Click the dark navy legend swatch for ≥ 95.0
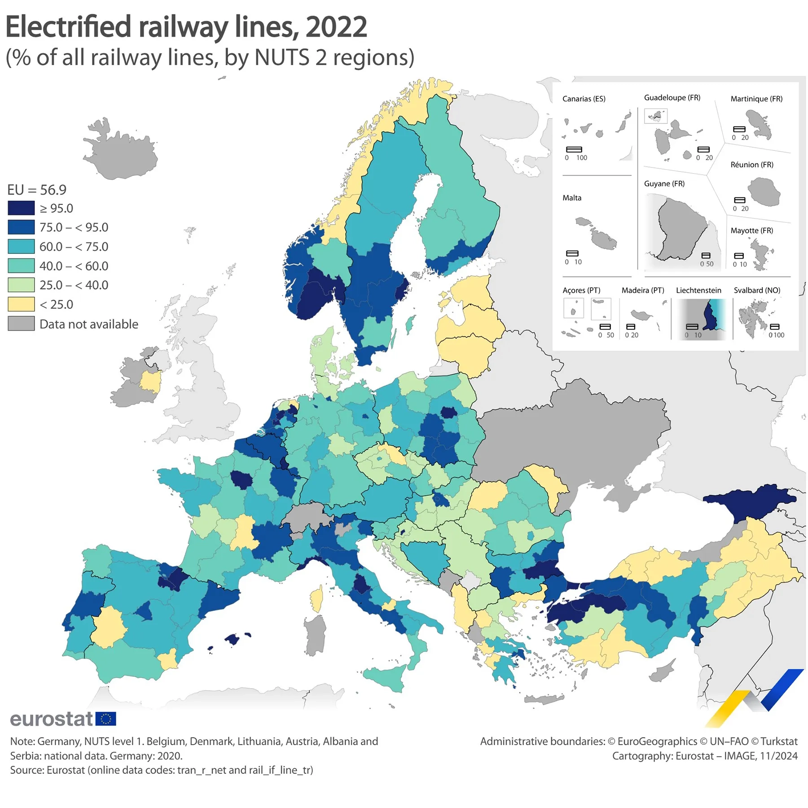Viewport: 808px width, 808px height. click(21, 208)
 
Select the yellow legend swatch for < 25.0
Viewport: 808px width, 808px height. click(21, 304)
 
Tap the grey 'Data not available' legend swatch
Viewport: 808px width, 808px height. click(21, 324)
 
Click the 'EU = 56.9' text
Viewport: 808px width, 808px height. click(37, 190)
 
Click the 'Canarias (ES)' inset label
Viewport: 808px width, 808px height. click(584, 99)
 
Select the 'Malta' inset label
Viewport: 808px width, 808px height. click(571, 198)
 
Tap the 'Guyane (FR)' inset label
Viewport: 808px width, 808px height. click(664, 184)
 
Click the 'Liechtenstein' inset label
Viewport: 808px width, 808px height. click(698, 290)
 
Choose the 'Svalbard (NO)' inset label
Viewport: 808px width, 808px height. click(756, 290)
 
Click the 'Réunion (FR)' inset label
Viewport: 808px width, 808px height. click(751, 165)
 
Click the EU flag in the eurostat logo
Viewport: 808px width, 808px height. click(106, 719)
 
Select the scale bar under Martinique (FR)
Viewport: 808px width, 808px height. click(739, 129)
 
